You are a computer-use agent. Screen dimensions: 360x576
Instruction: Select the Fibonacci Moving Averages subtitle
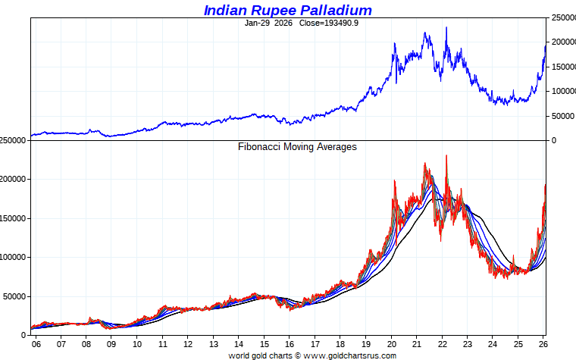(297, 147)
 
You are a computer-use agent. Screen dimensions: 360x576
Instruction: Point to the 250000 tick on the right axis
(562, 17)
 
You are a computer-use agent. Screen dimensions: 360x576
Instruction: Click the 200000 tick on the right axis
(562, 42)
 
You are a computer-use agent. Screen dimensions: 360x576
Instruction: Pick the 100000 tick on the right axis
(562, 92)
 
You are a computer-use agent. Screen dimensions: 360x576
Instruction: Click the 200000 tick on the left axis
(14, 180)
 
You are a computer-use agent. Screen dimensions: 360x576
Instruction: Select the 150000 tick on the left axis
(14, 218)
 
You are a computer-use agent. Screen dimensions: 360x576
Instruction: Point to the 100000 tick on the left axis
(14, 258)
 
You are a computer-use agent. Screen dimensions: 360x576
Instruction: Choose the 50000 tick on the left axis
(16, 296)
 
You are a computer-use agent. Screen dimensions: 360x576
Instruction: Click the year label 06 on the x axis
(36, 343)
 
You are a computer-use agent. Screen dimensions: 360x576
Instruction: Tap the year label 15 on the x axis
(264, 343)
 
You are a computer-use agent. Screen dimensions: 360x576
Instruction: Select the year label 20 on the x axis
(391, 343)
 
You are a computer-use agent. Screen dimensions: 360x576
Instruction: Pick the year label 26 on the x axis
(543, 343)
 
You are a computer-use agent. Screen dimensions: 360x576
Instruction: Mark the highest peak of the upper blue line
(446, 27)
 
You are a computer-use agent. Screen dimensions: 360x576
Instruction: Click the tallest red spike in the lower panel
(446, 155)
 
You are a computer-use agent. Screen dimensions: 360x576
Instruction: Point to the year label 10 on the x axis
(137, 343)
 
